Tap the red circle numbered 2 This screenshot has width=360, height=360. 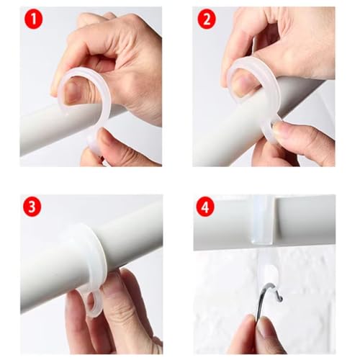tap(206, 19)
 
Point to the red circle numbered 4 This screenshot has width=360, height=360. tap(206, 207)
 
